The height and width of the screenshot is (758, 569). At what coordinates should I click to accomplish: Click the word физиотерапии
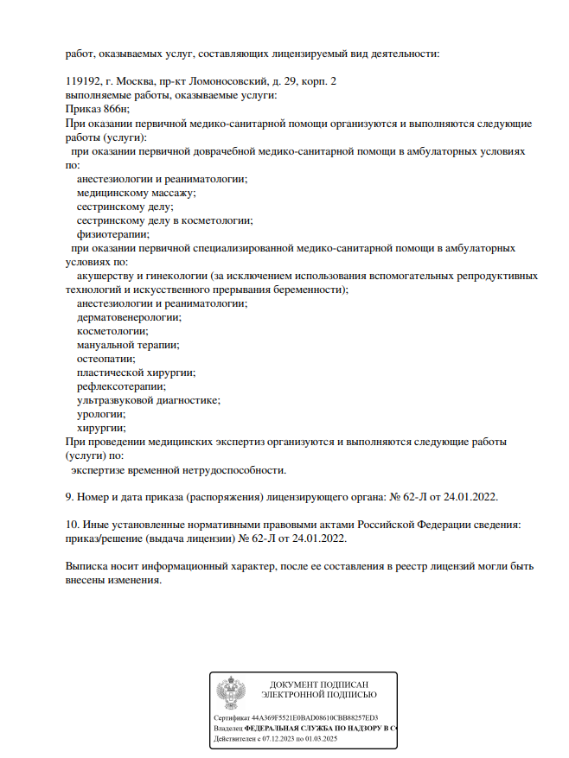[x=112, y=233]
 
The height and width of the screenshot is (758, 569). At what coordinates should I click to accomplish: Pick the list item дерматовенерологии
[x=129, y=316]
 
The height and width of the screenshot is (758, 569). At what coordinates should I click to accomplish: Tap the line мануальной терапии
[x=127, y=344]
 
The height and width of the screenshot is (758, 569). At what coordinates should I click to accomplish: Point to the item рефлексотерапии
[x=121, y=385]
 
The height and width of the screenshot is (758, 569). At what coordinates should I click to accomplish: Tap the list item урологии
[x=101, y=413]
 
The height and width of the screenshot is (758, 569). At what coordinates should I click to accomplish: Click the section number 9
[x=69, y=497]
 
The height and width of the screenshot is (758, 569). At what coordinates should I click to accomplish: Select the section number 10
[x=73, y=525]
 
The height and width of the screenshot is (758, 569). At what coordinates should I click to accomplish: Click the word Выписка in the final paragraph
[x=86, y=566]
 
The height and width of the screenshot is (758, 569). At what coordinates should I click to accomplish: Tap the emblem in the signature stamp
[x=230, y=693]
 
